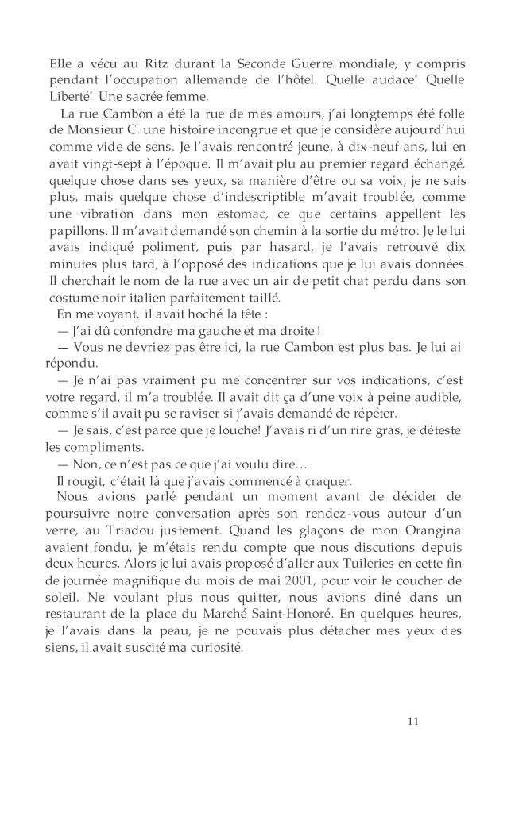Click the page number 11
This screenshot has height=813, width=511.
pos(412,721)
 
